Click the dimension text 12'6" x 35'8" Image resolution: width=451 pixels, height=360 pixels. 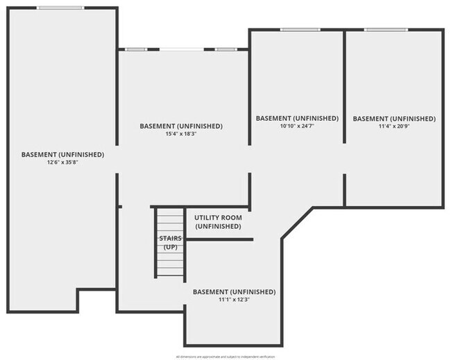pyautogui.click(x=62, y=162)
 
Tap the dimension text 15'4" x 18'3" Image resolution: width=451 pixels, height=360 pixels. pyautogui.click(x=181, y=134)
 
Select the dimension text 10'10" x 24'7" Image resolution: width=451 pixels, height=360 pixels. pyautogui.click(x=297, y=126)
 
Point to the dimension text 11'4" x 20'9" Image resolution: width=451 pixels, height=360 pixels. pyautogui.click(x=394, y=126)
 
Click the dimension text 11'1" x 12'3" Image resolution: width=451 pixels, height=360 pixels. pyautogui.click(x=234, y=300)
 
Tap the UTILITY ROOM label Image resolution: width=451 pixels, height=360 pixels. pyautogui.click(x=218, y=218)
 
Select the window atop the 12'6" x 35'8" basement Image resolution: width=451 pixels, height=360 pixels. pyautogui.click(x=61, y=8)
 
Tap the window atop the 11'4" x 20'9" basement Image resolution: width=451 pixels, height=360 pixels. pyautogui.click(x=386, y=29)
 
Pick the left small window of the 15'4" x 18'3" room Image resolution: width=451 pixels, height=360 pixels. pyautogui.click(x=136, y=49)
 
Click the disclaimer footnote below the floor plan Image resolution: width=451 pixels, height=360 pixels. pyautogui.click(x=226, y=355)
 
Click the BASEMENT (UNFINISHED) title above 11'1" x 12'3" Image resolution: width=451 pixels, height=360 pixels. pyautogui.click(x=234, y=292)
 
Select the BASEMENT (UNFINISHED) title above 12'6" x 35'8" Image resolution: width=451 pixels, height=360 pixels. pyautogui.click(x=62, y=155)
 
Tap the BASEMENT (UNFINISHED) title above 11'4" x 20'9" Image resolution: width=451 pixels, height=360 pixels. pyautogui.click(x=394, y=119)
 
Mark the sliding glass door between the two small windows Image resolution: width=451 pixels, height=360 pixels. pyautogui.click(x=180, y=49)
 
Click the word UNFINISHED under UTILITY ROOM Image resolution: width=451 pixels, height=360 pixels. pyautogui.click(x=218, y=226)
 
